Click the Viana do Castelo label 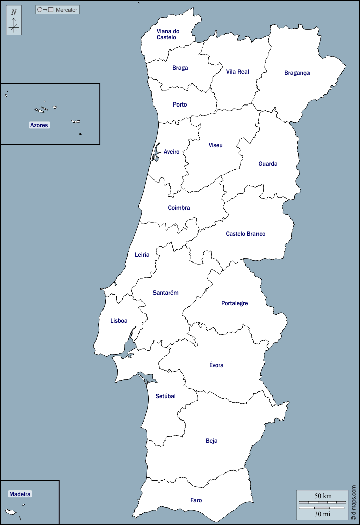[168, 34]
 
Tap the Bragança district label [297, 73]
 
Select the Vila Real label [237, 72]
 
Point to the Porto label [180, 104]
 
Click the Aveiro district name [171, 152]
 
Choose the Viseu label [215, 145]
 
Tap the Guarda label [268, 164]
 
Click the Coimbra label [179, 208]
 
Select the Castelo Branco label [245, 234]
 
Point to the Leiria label [142, 255]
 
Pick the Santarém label [166, 293]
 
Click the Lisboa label [119, 321]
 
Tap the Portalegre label [234, 303]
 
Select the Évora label [216, 365]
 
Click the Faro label [196, 500]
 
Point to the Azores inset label [39, 125]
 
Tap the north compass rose [14, 22]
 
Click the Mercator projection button [58, 10]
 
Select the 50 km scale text [323, 496]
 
